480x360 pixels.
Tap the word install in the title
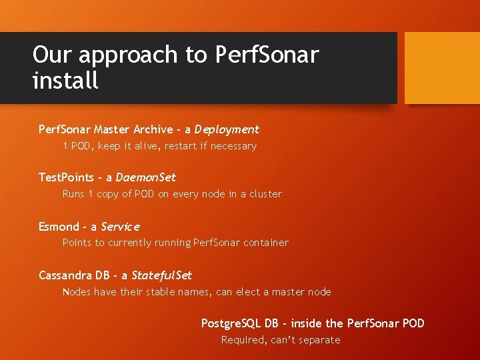point(65,81)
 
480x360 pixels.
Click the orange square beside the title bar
point(442,68)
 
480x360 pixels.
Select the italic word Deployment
point(227,129)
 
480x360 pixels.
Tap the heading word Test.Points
point(65,177)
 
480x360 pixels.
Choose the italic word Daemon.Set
point(145,177)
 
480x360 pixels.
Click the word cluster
point(265,194)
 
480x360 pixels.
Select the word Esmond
point(59,227)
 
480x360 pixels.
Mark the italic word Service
point(120,227)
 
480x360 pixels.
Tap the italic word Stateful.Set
point(161,275)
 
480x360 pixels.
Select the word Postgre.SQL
point(231,323)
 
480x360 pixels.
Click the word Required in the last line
point(243,340)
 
